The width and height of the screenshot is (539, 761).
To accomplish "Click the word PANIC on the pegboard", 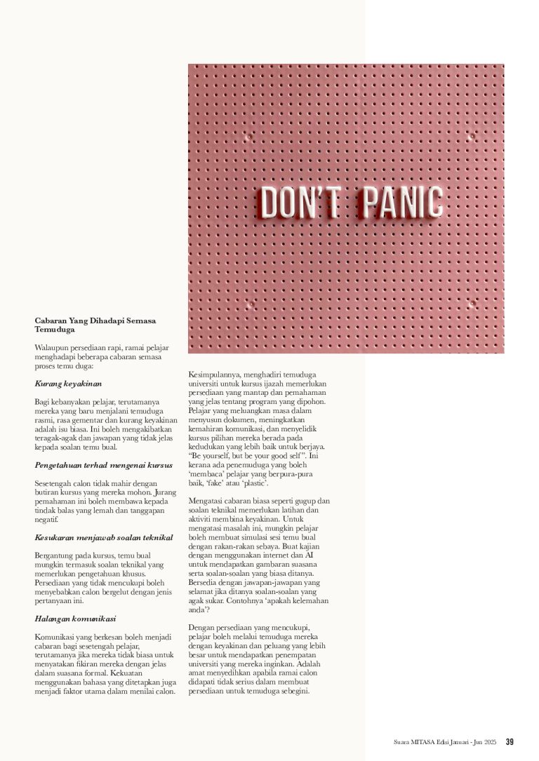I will pyautogui.click(x=402, y=202).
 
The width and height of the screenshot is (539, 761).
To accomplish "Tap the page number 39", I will pyautogui.click(x=510, y=741).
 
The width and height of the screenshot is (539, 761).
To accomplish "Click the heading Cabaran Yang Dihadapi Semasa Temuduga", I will pyautogui.click(x=95, y=324).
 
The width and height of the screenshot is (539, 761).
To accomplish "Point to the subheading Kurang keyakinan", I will pyautogui.click(x=68, y=384).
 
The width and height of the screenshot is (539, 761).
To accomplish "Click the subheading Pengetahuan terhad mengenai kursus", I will pyautogui.click(x=103, y=465).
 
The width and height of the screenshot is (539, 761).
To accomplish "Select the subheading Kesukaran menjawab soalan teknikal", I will pyautogui.click(x=103, y=537).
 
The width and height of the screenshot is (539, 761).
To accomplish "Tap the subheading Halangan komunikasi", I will pyautogui.click(x=75, y=619).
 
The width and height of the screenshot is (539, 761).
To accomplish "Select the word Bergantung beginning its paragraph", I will pyautogui.click(x=58, y=555).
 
